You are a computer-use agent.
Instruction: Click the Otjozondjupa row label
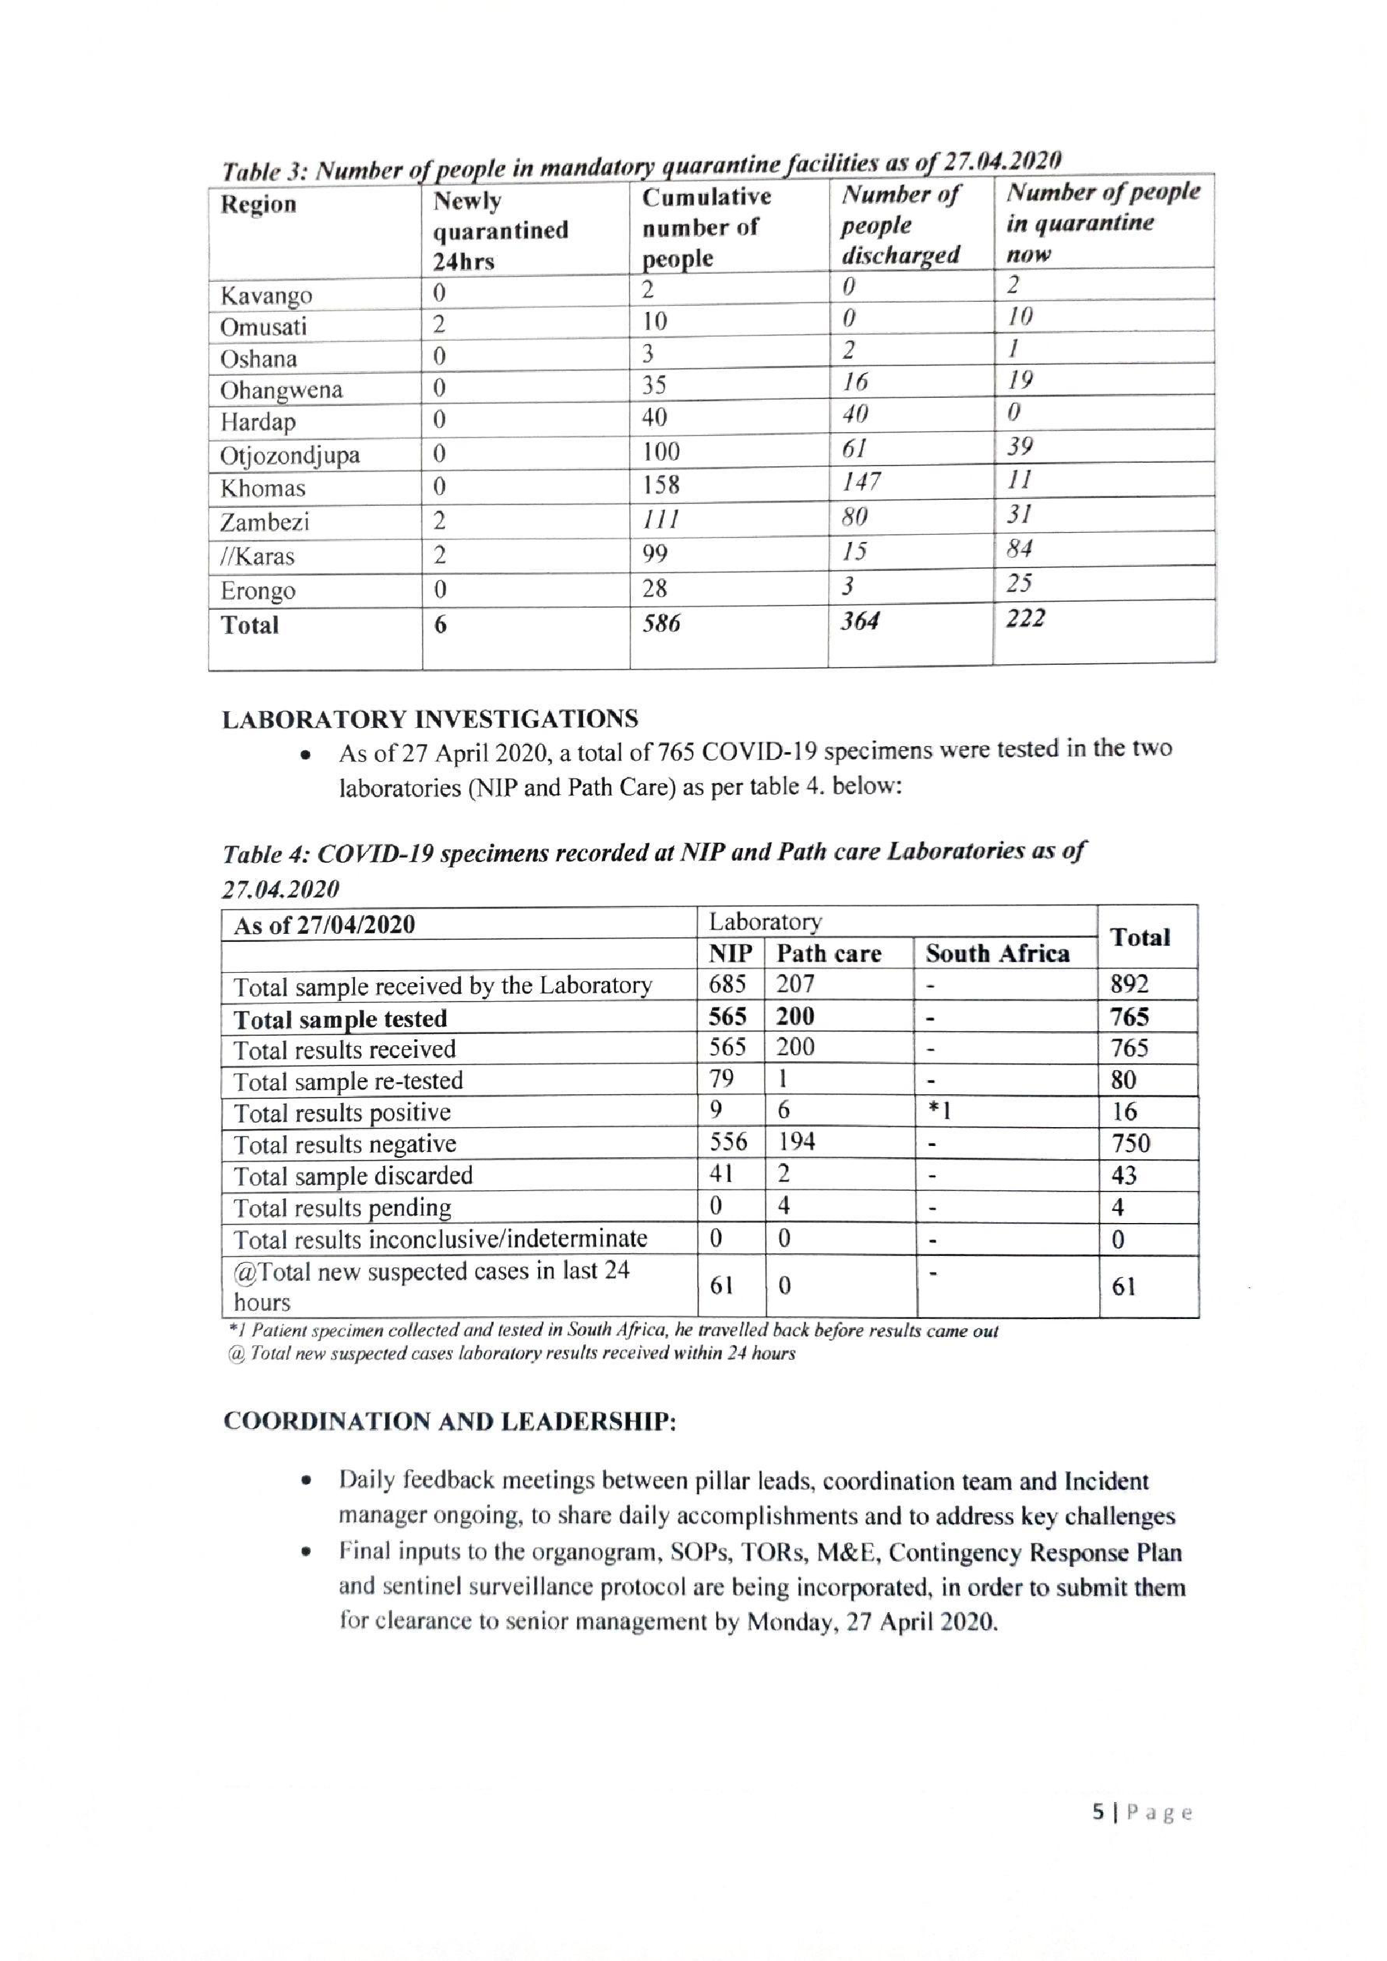click(289, 456)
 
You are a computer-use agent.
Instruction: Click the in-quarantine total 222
click(1025, 619)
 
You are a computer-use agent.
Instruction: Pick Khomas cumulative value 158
click(661, 485)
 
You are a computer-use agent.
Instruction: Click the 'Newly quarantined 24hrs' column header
click(500, 231)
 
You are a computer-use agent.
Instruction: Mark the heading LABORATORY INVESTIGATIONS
click(429, 719)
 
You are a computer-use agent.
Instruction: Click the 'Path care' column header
click(829, 953)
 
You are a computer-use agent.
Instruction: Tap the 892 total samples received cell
click(1129, 984)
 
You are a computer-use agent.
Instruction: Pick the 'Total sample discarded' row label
click(353, 1176)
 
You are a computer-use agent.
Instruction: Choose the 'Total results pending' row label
click(342, 1208)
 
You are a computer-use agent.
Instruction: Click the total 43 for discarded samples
click(1124, 1175)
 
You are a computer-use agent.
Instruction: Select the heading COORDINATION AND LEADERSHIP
click(449, 1421)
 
